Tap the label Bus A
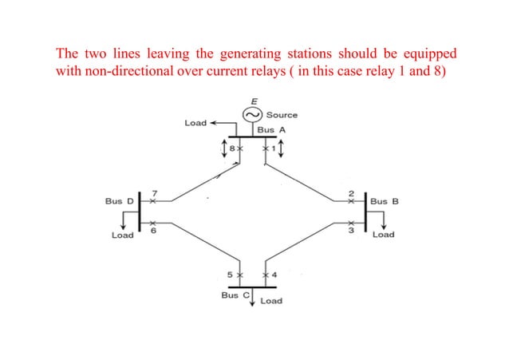[x=271, y=129]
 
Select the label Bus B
[x=385, y=201]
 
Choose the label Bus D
[x=120, y=201]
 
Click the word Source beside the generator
[x=282, y=116]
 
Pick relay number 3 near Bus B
[x=349, y=228]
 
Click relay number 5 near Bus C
[x=230, y=275]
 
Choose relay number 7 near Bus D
[x=153, y=192]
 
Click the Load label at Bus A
[x=195, y=123]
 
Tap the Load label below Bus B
[x=383, y=235]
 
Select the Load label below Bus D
[x=122, y=235]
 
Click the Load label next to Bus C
[x=270, y=301]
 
